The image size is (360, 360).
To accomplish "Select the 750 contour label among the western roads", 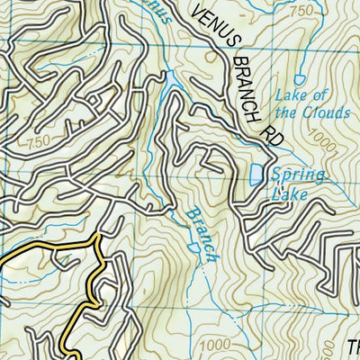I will tap(38, 140).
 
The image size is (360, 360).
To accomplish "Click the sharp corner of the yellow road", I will tap(96, 241).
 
